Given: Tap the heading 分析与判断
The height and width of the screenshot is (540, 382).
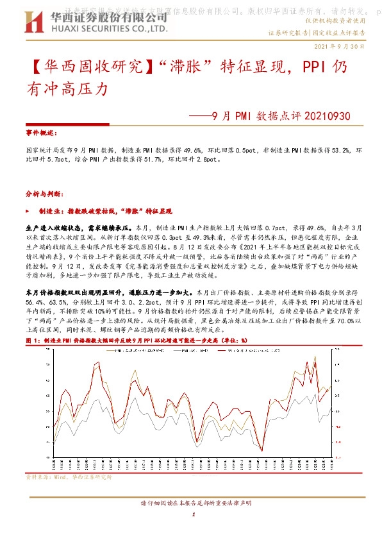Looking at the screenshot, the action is pyautogui.click(x=43, y=192).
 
